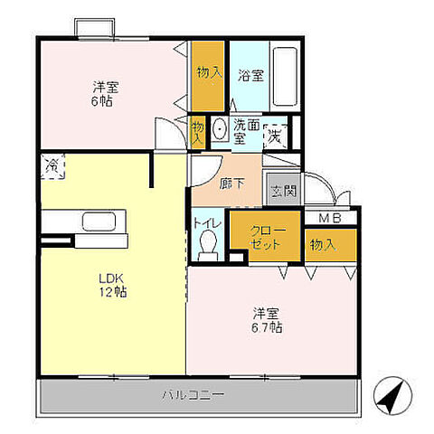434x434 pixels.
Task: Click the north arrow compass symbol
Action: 392,395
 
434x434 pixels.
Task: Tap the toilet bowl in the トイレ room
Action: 209,245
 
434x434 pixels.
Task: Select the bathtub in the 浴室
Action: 285,76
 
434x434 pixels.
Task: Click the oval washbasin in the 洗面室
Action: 219,129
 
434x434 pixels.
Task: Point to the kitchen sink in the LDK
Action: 99,222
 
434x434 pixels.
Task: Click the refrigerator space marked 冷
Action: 52,166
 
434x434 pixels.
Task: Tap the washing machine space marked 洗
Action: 275,137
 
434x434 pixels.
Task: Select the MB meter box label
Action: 330,218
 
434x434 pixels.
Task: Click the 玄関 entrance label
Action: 283,191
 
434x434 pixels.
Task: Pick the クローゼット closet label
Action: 266,237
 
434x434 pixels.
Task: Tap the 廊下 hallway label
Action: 231,184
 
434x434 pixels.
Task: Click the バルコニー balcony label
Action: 193,394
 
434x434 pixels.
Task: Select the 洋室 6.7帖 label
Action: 267,320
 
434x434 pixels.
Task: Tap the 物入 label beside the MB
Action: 323,245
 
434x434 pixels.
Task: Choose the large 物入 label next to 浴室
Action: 210,72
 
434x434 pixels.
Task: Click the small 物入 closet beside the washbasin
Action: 198,133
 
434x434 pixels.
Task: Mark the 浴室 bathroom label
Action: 250,75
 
